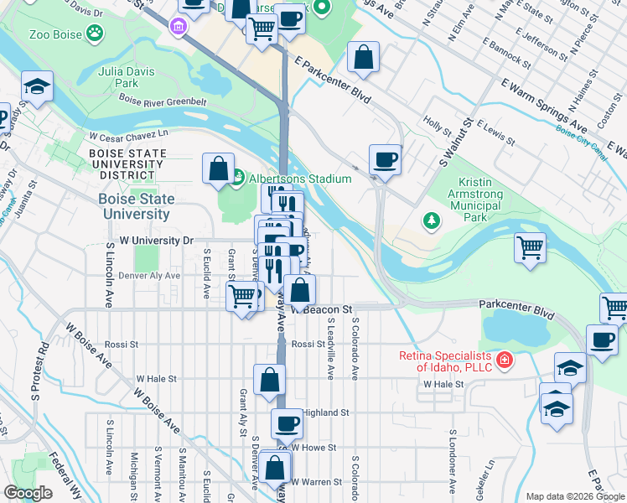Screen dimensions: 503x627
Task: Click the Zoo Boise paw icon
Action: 97,34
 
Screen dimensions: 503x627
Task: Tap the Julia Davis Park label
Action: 127,77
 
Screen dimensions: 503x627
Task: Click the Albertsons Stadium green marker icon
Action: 238,177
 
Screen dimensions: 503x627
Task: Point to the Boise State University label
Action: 137,206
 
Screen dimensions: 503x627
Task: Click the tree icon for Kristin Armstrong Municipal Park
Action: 433,220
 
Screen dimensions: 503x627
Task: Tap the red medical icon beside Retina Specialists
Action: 505,361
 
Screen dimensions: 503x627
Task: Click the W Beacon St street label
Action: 319,309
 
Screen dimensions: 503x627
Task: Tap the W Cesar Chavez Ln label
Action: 128,134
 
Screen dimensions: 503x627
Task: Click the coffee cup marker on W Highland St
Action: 287,424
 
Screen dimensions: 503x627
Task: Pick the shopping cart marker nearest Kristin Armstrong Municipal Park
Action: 530,248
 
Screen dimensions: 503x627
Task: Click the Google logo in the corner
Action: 28,493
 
